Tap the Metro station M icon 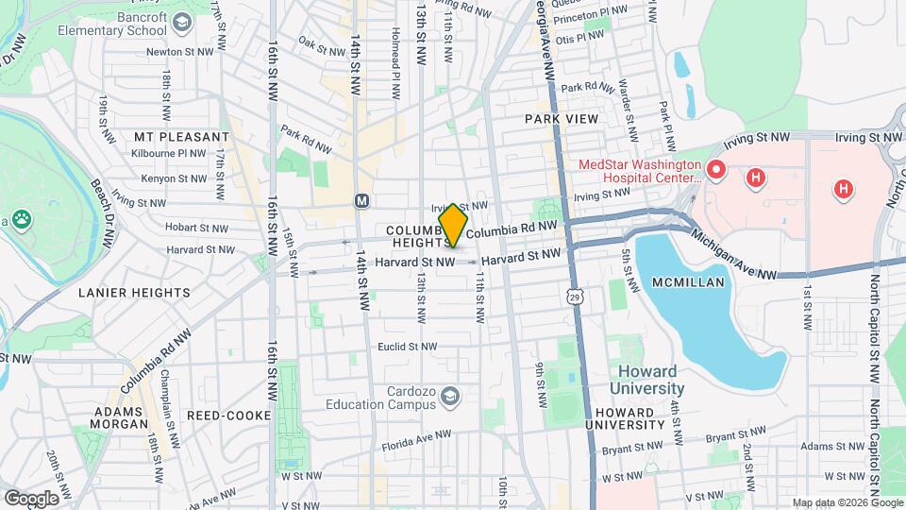click(361, 200)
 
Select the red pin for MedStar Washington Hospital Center click(716, 171)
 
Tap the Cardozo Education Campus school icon click(450, 395)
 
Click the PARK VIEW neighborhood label click(562, 119)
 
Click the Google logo click(30, 498)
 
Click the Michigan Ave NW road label click(733, 257)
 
